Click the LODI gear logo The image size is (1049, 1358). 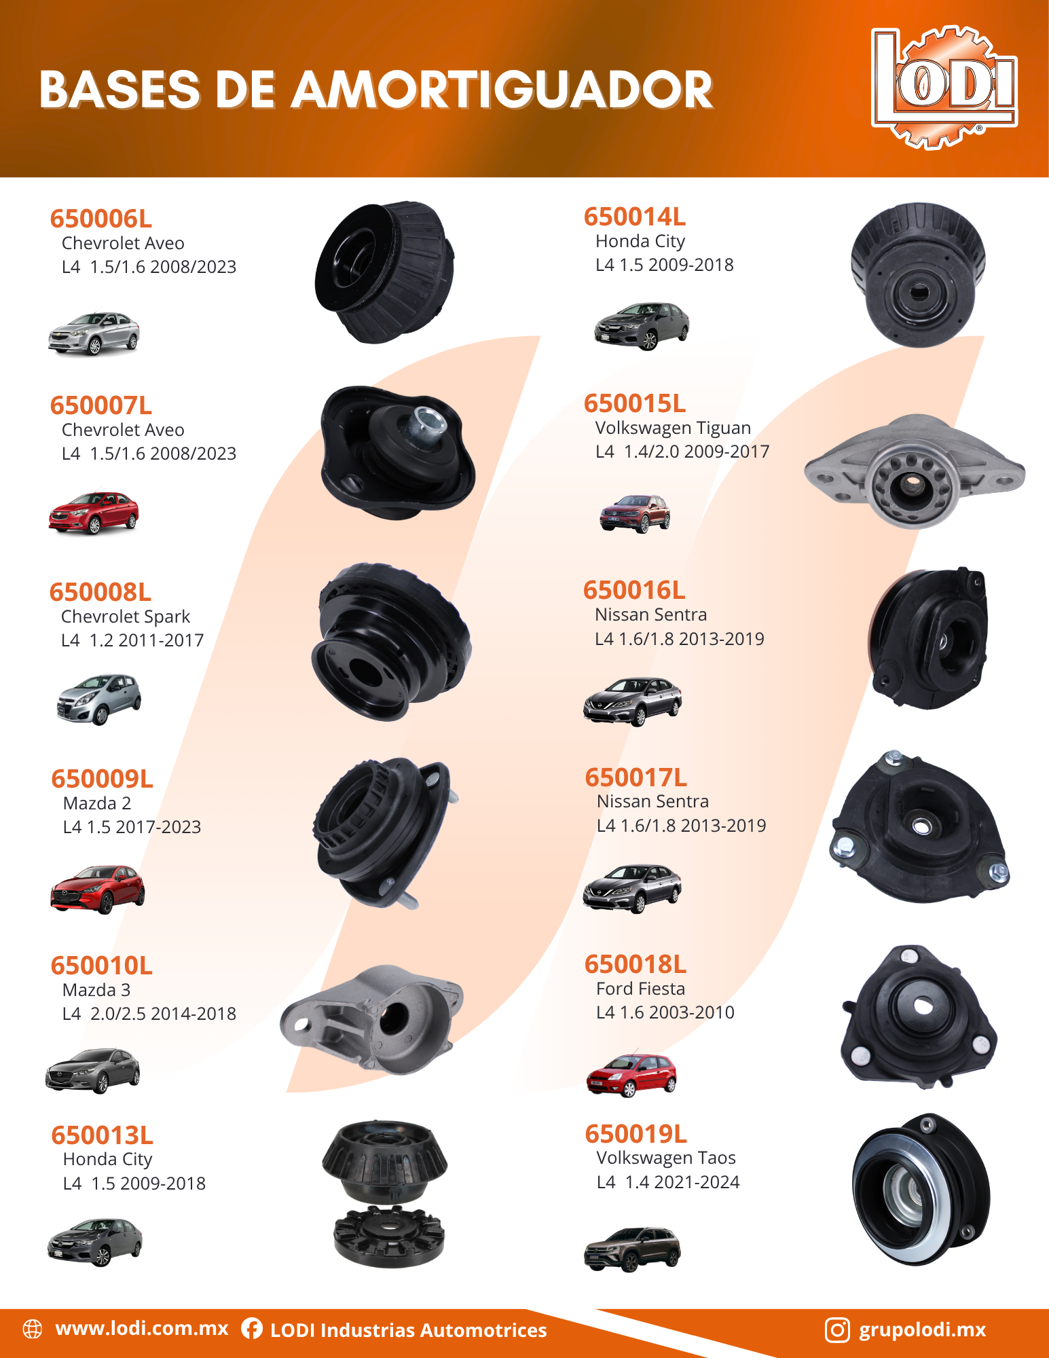944,86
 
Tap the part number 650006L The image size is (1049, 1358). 101,219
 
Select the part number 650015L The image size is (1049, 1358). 635,403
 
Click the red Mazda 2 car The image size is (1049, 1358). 97,889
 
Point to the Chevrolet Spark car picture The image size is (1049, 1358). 99,699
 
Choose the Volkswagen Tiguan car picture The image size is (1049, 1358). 635,513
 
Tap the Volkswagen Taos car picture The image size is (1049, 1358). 632,1249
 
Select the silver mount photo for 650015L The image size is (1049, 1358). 914,472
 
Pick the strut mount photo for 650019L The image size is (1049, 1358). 921,1189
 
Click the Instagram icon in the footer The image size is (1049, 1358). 837,1329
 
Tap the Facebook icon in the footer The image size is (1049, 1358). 252,1329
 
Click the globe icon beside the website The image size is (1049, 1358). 33,1329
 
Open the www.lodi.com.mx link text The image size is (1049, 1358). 142,1328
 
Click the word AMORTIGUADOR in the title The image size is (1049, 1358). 502,90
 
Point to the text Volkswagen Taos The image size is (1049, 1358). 666,1158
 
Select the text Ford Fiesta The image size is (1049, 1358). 640,989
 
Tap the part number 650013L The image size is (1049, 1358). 103,1135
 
